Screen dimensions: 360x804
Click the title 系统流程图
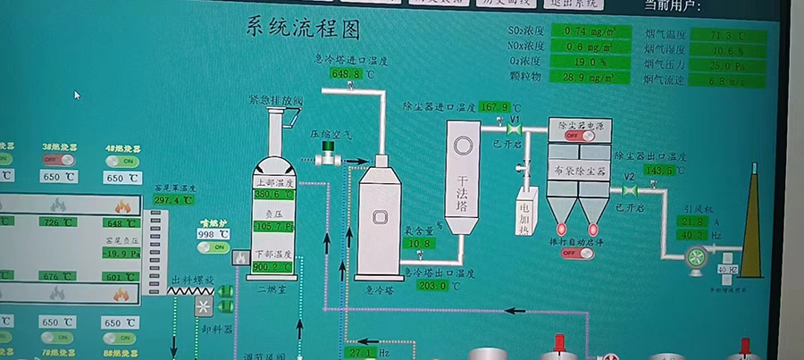click(x=303, y=29)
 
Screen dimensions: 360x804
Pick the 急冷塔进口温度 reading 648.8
click(x=347, y=74)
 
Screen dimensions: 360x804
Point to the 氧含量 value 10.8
click(x=420, y=243)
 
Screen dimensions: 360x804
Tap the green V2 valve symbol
click(x=630, y=189)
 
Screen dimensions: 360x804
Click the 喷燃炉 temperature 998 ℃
click(x=213, y=234)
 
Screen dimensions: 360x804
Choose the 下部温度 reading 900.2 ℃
click(x=272, y=266)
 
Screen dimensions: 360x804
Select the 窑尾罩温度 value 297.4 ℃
click(x=172, y=200)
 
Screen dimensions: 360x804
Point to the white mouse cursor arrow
click(x=78, y=94)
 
